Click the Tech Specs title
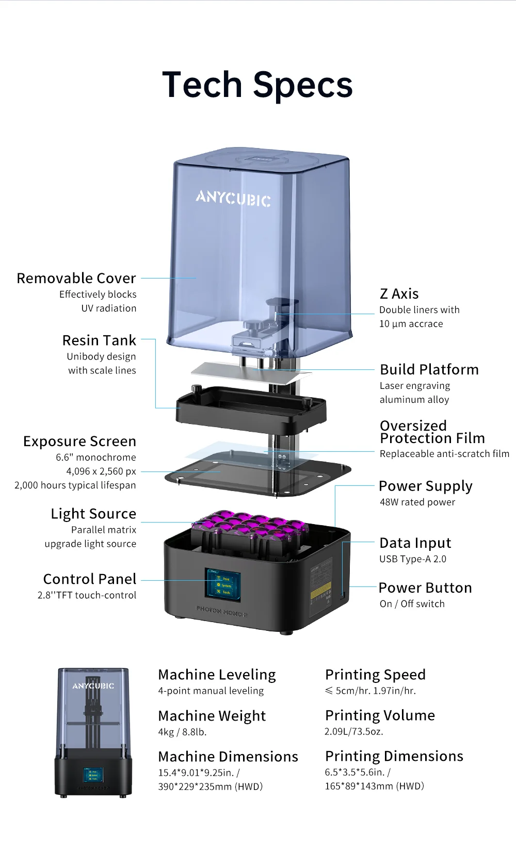pyautogui.click(x=257, y=85)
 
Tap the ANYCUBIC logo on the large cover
pyautogui.click(x=233, y=198)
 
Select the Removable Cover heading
pyautogui.click(x=76, y=279)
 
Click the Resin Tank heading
pyautogui.click(x=99, y=340)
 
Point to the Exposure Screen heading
pyautogui.click(x=79, y=442)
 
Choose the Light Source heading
pyautogui.click(x=93, y=514)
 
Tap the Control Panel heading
pyautogui.click(x=90, y=579)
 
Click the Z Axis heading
pyautogui.click(x=399, y=294)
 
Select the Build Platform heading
pyautogui.click(x=429, y=370)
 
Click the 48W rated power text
pyautogui.click(x=417, y=502)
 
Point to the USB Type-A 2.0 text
pyautogui.click(x=413, y=559)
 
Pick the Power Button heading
pyautogui.click(x=425, y=588)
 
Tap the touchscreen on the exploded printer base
pyautogui.click(x=223, y=585)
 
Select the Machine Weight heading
pyautogui.click(x=212, y=716)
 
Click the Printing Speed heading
pyautogui.click(x=375, y=675)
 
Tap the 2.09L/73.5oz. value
pyautogui.click(x=353, y=732)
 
